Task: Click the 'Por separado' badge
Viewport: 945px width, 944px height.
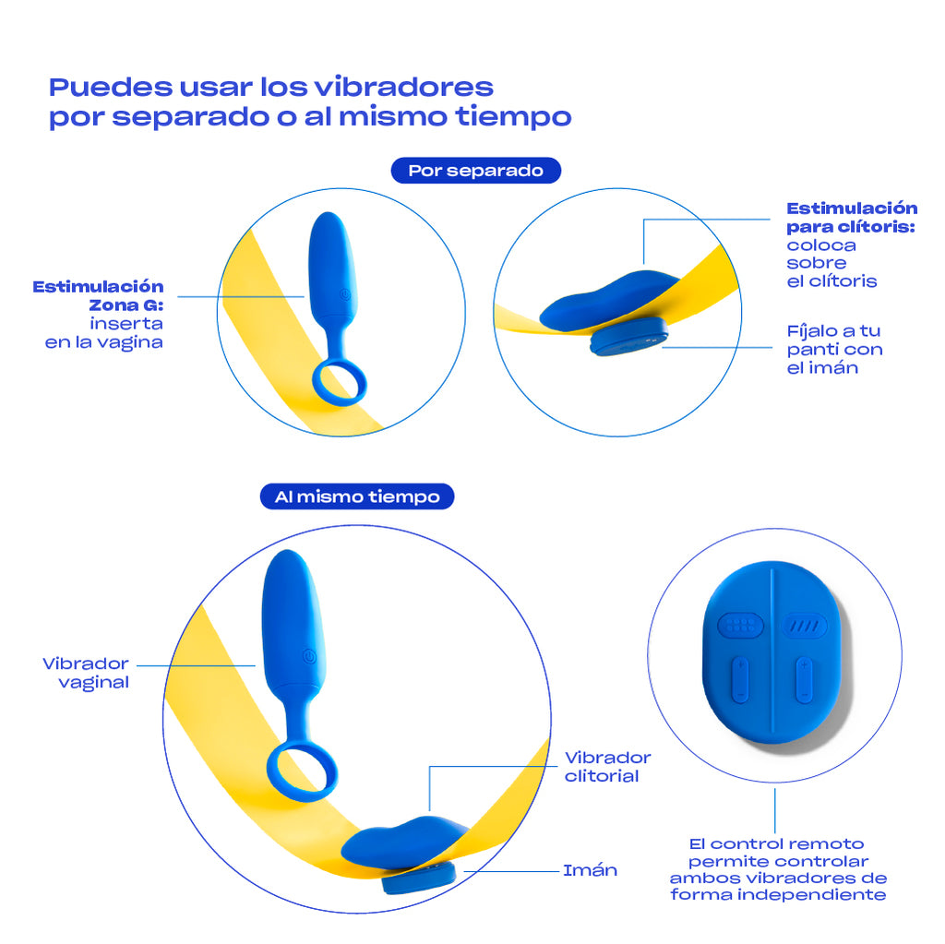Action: click(x=475, y=171)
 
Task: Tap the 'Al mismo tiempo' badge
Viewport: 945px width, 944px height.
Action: click(x=357, y=496)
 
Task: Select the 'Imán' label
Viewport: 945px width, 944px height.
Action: click(x=590, y=870)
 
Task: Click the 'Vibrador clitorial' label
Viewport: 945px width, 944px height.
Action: click(x=607, y=766)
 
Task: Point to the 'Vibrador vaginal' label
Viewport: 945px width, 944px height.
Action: click(x=86, y=673)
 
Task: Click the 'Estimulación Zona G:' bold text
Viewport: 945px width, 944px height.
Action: click(x=99, y=295)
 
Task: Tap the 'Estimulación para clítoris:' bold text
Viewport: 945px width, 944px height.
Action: click(x=851, y=217)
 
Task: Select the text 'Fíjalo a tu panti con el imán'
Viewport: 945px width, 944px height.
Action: click(x=834, y=349)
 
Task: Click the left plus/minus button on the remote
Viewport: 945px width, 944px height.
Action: click(x=738, y=680)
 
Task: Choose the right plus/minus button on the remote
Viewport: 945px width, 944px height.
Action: click(x=804, y=680)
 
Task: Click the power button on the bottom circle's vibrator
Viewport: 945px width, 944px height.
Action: click(x=308, y=656)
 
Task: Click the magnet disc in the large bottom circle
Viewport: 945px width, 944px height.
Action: click(x=419, y=879)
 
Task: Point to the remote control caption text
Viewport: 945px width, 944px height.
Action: click(x=777, y=869)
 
